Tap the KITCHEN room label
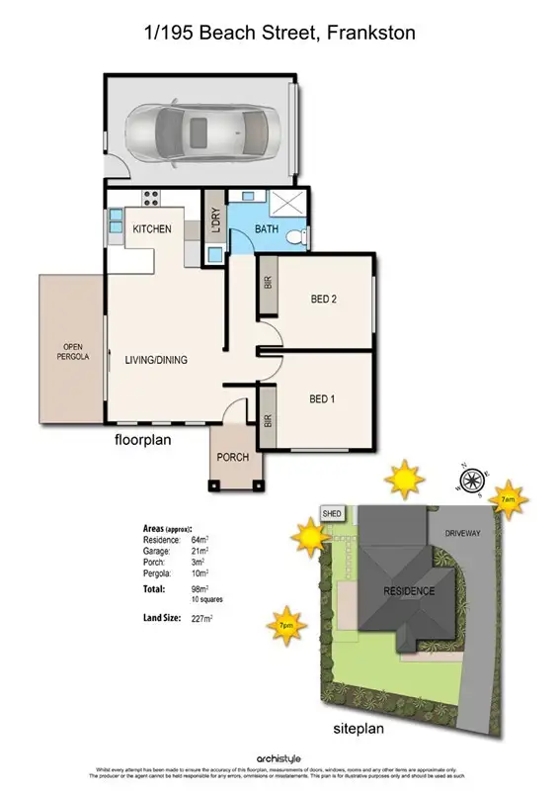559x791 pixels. (x=152, y=229)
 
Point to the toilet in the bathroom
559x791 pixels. (x=295, y=235)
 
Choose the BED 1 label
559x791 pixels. (x=323, y=399)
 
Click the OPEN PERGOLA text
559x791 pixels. (x=71, y=352)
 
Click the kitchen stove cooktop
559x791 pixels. (x=152, y=195)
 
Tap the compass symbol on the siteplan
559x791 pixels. (x=471, y=481)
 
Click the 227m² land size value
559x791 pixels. (x=202, y=619)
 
